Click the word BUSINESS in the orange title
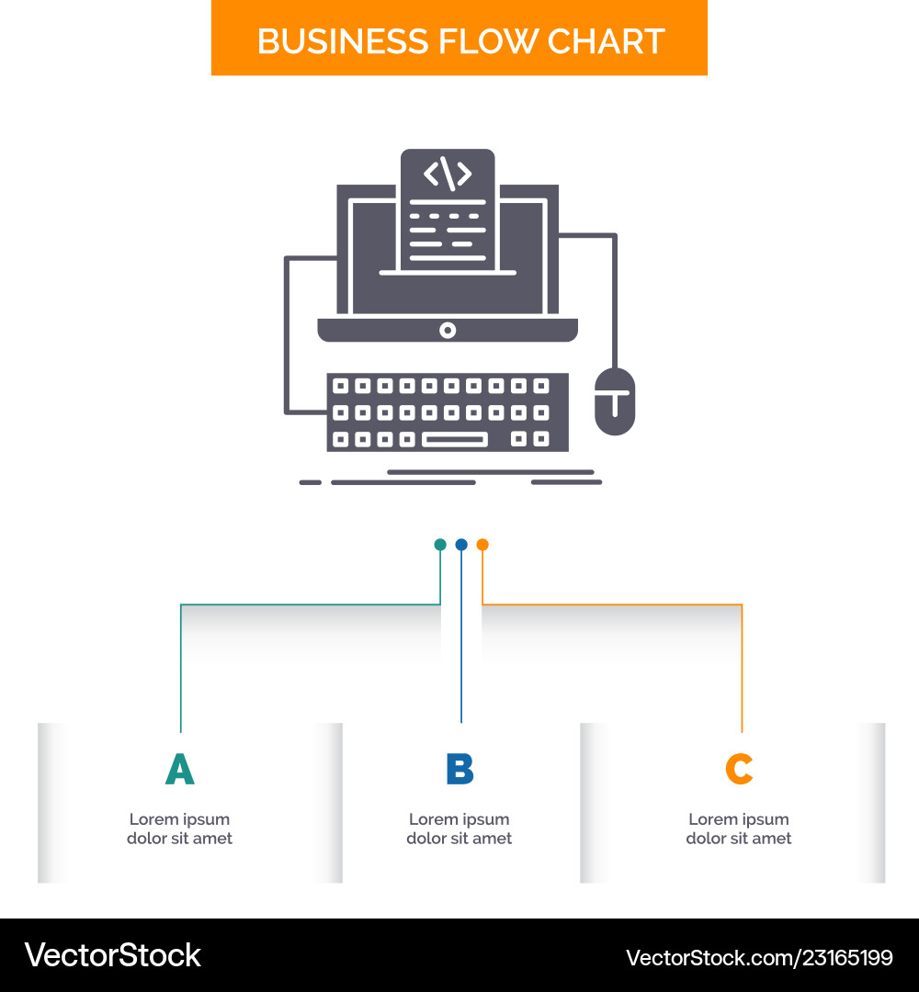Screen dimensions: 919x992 343,41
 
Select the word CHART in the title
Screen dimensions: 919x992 606,41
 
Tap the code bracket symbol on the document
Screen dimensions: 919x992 448,174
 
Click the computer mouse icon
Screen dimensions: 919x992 615,401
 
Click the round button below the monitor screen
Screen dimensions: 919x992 448,331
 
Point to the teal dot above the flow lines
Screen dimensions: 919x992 440,545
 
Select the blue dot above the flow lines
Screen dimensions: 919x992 461,545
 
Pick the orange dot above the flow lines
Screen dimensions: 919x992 482,545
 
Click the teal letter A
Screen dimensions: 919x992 180,769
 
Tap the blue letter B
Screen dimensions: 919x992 459,769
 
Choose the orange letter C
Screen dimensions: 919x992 739,769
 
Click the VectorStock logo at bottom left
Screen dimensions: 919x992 113,955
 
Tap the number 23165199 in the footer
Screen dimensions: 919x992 847,958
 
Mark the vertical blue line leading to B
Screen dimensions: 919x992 461,637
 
